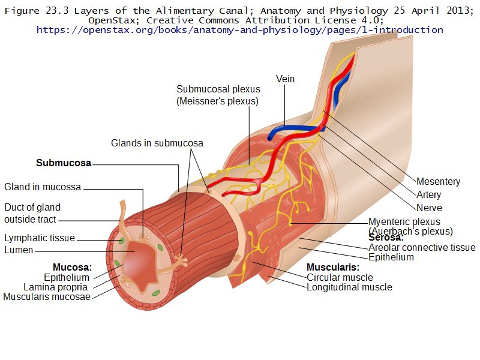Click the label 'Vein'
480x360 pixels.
[285, 79]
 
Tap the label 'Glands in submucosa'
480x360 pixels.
[157, 143]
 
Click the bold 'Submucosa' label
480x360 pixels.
[64, 163]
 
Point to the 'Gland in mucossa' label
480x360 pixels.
[43, 187]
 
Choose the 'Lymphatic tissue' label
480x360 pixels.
[40, 238]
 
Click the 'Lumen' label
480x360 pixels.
[19, 250]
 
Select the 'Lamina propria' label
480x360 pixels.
[56, 287]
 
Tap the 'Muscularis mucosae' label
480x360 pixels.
[47, 296]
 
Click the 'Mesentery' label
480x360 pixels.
[438, 181]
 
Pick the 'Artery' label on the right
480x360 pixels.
[428, 194]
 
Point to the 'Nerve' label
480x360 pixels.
[429, 208]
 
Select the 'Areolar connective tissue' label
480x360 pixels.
[422, 247]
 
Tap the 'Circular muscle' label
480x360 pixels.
[340, 277]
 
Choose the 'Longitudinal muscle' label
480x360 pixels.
[349, 287]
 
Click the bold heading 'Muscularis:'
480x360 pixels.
[333, 267]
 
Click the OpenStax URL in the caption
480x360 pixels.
[240, 29]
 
